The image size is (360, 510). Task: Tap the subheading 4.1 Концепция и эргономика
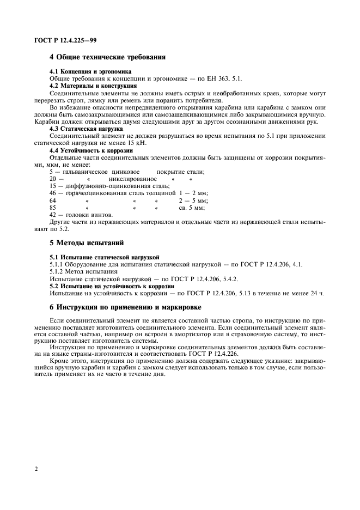pos(90,72)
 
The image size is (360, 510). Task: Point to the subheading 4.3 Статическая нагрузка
pos(87,129)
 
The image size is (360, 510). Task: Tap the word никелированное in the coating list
pos(133,179)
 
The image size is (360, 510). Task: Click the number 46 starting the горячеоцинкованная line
pos(53,193)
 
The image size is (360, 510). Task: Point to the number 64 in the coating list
pos(53,201)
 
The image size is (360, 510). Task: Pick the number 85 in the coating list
pos(53,208)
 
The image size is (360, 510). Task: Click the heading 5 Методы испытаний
pos(87,242)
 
